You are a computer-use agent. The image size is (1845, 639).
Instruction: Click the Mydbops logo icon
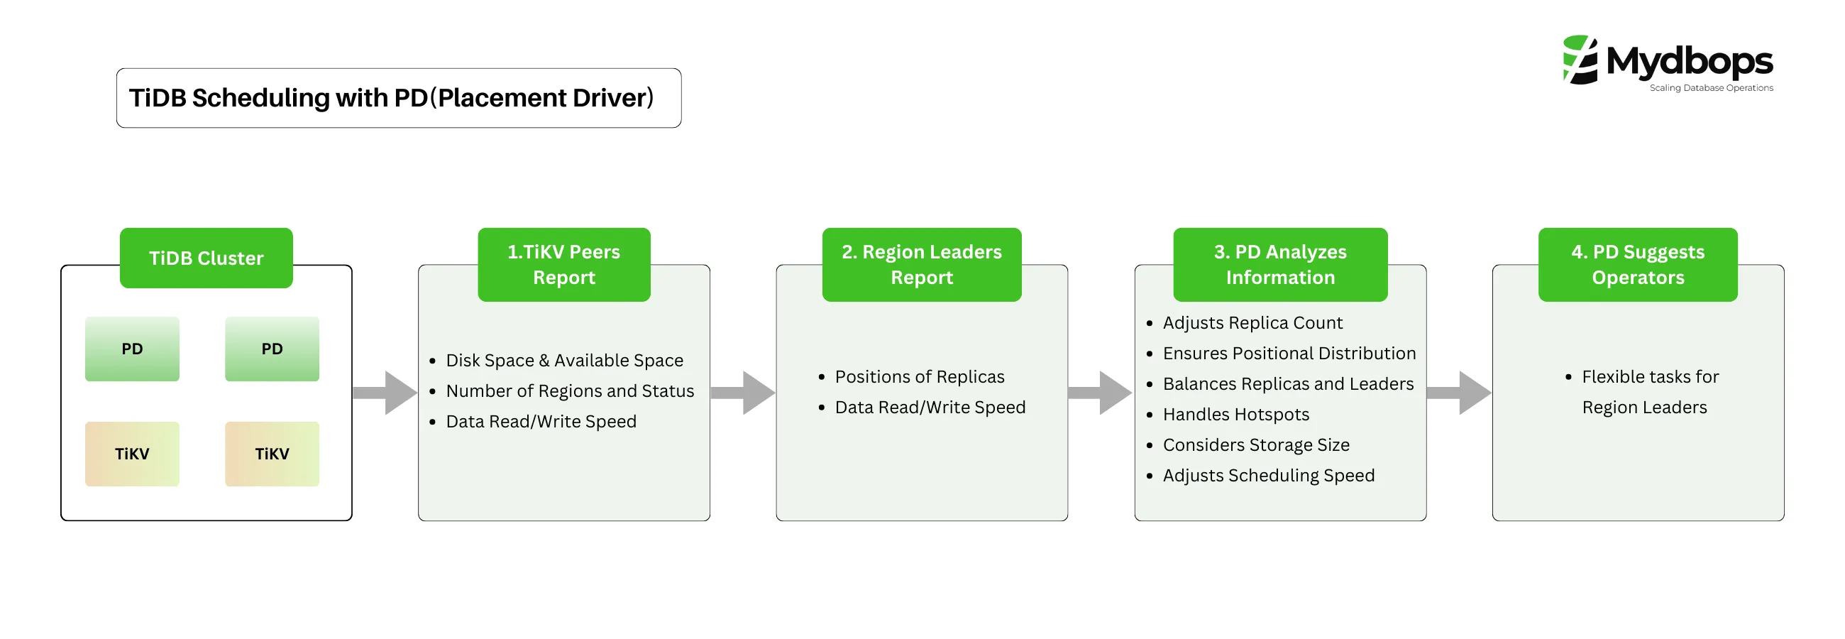click(x=1580, y=60)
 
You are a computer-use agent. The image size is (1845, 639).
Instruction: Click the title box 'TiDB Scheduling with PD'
click(x=398, y=98)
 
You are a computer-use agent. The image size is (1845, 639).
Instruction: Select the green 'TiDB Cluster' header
click(x=206, y=258)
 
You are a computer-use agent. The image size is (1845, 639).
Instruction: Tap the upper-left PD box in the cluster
click(x=132, y=349)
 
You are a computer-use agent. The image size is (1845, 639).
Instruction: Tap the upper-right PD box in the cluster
click(x=272, y=349)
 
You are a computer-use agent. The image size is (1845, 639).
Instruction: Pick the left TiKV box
click(x=132, y=454)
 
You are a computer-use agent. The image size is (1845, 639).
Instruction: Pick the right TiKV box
click(x=272, y=454)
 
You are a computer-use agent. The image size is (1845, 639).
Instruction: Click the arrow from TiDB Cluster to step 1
click(x=387, y=393)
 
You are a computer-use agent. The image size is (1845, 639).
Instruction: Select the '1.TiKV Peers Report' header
click(x=563, y=264)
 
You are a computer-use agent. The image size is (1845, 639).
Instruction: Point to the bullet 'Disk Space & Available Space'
click(x=563, y=361)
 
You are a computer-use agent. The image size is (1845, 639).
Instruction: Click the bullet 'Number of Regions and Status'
click(x=569, y=391)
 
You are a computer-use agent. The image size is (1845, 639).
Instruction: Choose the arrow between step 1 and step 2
click(x=744, y=393)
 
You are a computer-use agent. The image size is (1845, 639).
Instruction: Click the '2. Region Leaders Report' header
click(x=921, y=264)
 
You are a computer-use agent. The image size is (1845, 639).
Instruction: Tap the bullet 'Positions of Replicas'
click(x=919, y=377)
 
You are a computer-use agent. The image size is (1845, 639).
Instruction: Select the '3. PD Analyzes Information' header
click(x=1280, y=264)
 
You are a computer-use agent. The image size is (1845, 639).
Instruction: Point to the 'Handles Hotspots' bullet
click(x=1235, y=415)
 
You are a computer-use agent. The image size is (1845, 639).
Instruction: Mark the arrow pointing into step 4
click(x=1460, y=393)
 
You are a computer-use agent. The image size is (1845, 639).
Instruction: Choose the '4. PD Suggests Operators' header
click(x=1637, y=264)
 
